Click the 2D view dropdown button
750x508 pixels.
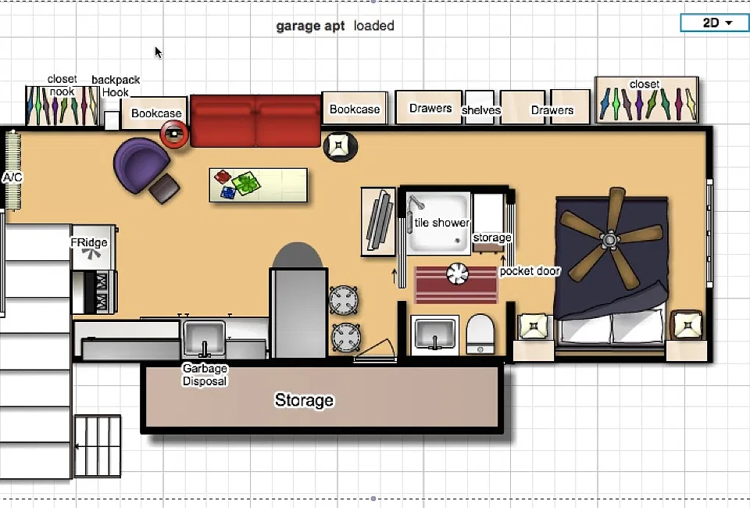714,23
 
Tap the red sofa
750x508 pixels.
255,120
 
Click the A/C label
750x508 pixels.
12,177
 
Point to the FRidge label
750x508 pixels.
89,242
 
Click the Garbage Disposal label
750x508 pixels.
205,374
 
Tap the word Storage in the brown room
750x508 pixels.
304,400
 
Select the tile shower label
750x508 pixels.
442,223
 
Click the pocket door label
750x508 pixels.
530,271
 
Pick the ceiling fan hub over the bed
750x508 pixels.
610,238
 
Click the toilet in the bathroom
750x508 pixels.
480,334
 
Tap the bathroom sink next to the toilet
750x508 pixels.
435,334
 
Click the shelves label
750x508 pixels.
481,110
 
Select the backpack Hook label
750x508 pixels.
116,86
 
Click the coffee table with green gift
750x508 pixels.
259,184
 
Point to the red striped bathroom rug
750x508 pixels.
455,284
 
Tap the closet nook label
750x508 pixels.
62,85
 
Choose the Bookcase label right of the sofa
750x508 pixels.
355,109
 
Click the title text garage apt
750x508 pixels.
310,26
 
